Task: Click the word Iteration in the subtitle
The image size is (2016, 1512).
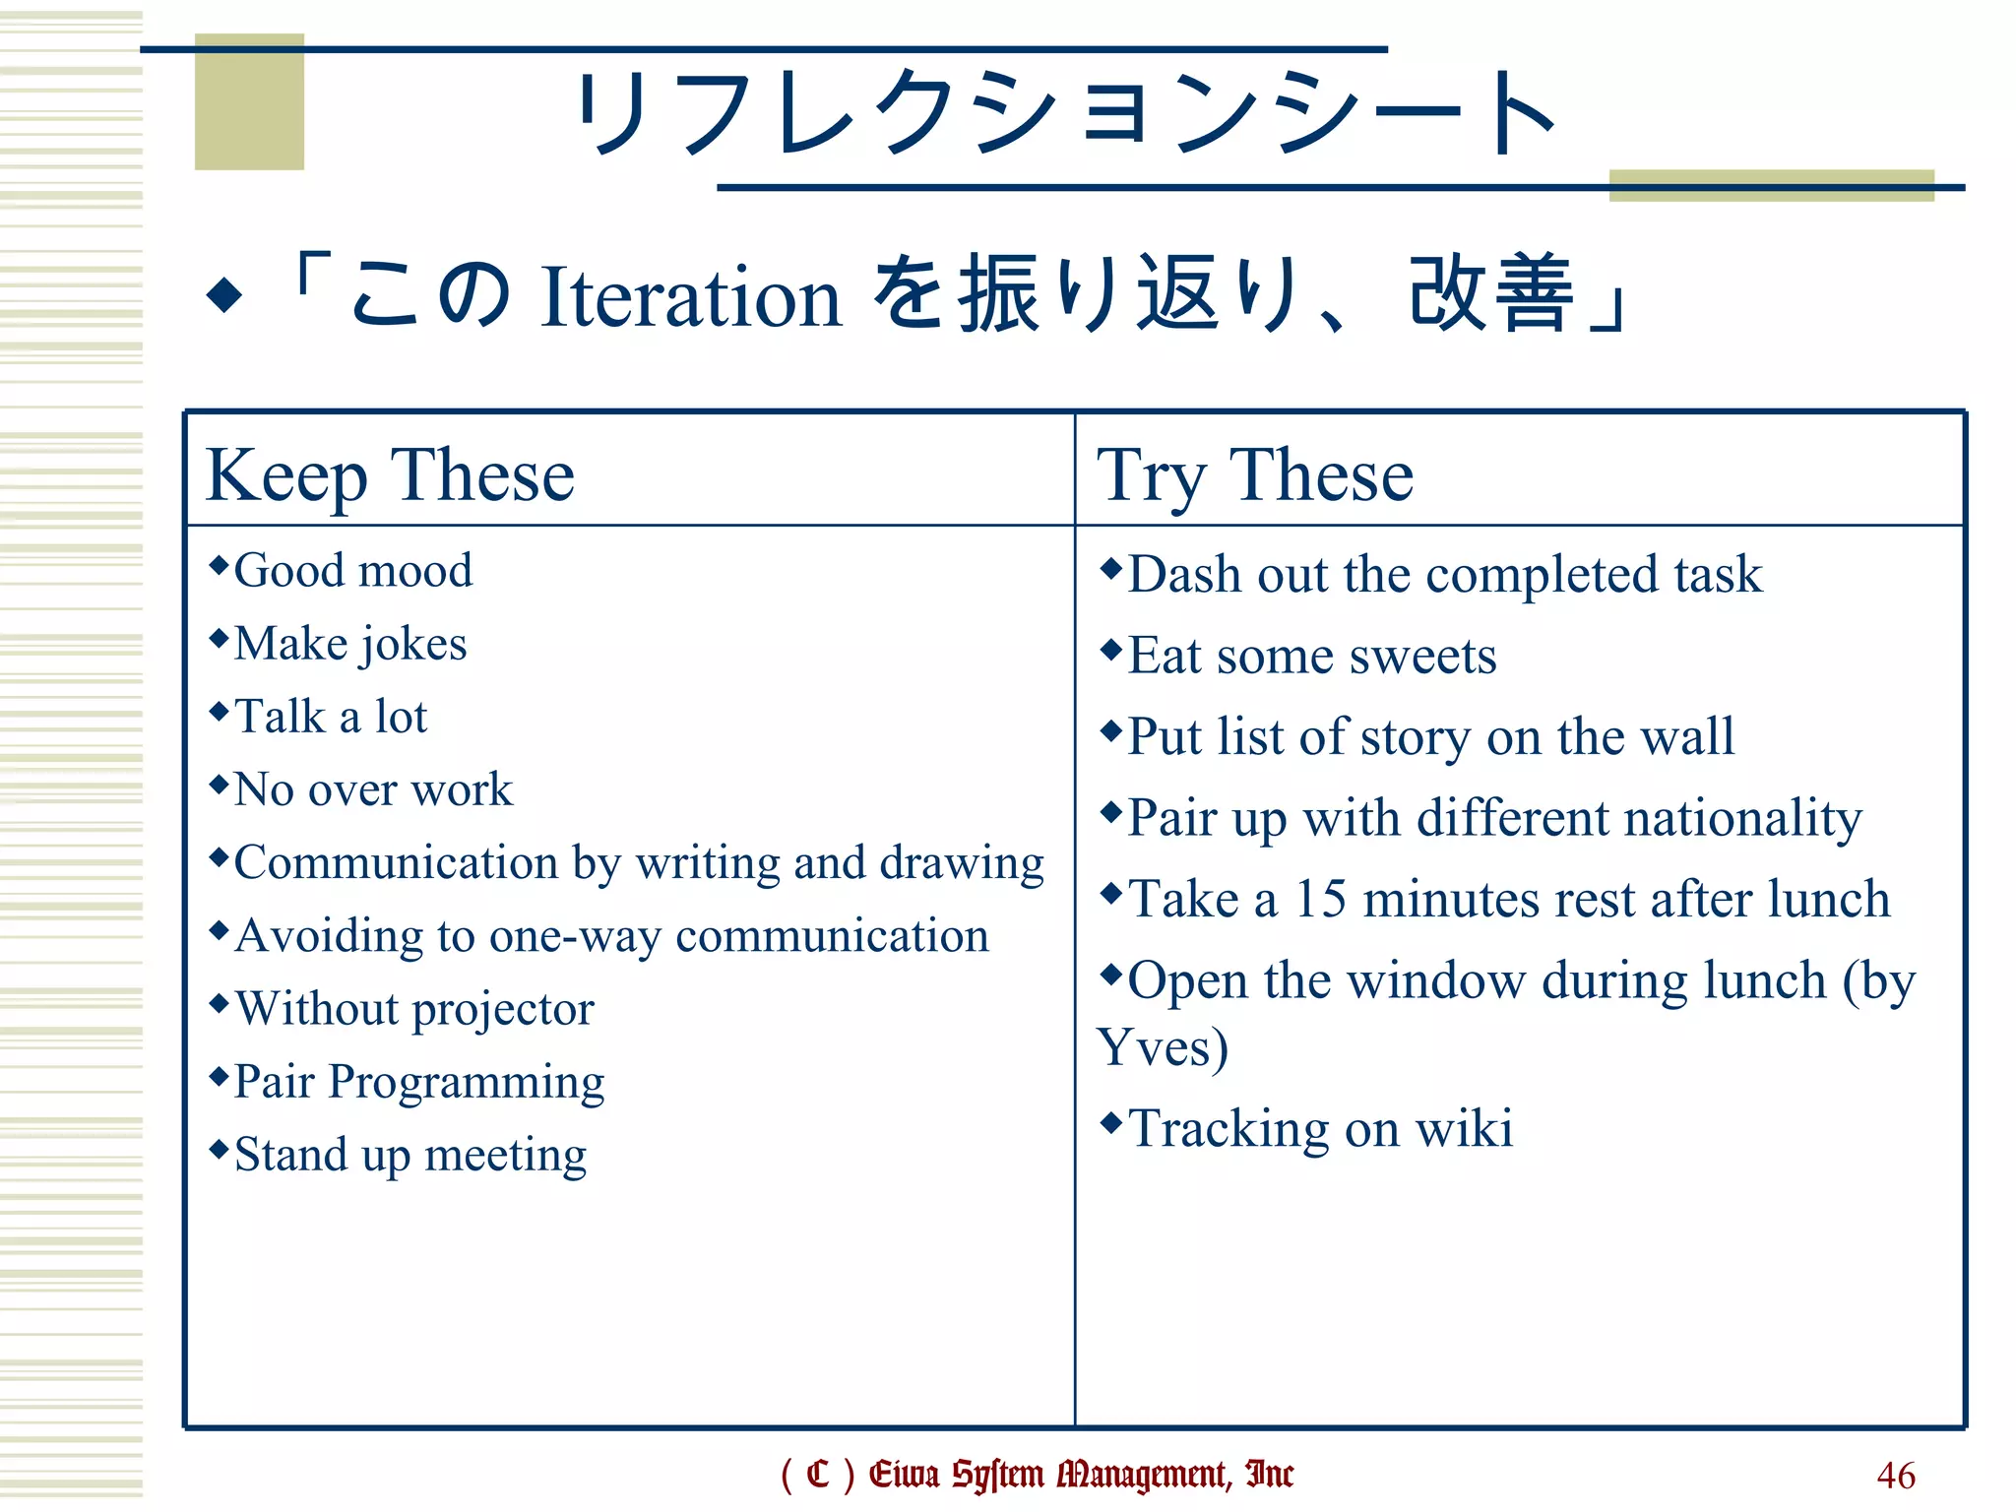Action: coord(691,297)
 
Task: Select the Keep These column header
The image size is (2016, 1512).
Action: coord(390,475)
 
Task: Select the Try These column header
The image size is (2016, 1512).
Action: coord(1255,475)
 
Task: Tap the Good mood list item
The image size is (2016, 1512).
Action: coord(352,571)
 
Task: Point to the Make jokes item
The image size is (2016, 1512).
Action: coord(349,645)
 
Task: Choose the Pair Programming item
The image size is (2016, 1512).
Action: coord(418,1083)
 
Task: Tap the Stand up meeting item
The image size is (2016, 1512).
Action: coord(409,1156)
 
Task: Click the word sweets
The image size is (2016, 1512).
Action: coord(1422,657)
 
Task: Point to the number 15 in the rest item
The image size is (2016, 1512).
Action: coord(1320,900)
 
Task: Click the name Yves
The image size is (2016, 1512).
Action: coord(1162,1047)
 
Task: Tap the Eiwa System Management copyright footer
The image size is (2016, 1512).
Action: coord(1037,1475)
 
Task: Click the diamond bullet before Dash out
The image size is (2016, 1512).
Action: coord(1111,568)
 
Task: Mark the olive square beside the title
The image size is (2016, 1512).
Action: coord(249,102)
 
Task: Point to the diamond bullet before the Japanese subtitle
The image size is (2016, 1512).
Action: coord(224,294)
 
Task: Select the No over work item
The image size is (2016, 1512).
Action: coord(373,790)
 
